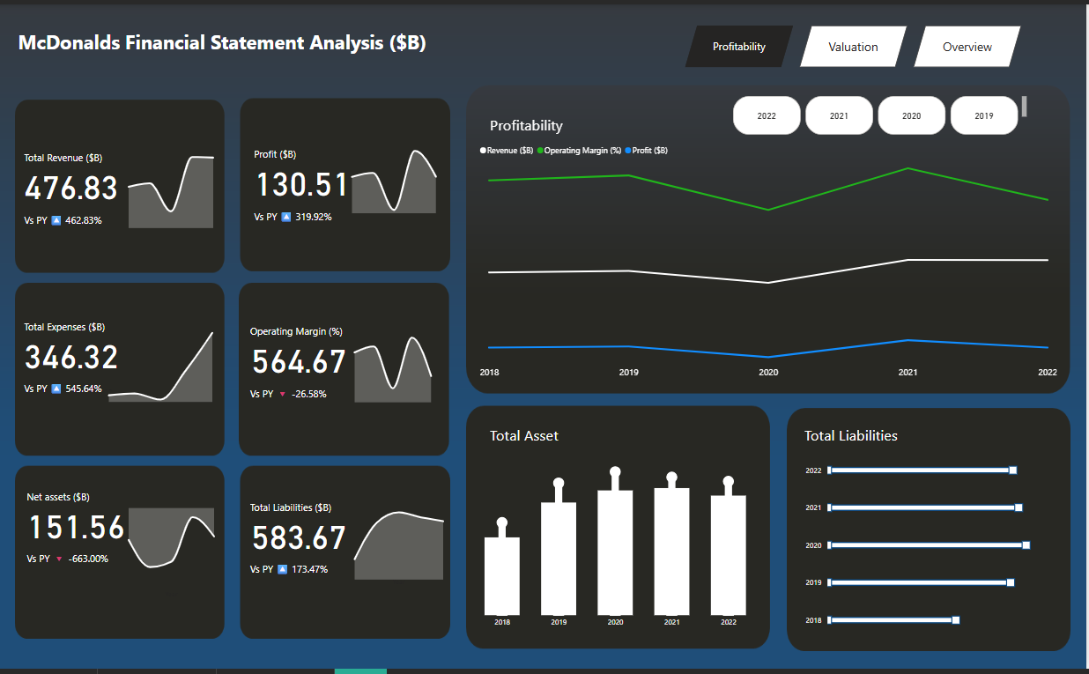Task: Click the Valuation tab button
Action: coord(853,47)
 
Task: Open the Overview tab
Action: coord(967,47)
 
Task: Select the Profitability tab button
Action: coord(738,47)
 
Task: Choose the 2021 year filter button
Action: coord(839,115)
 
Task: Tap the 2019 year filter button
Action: coord(983,115)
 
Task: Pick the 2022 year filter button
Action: coord(767,115)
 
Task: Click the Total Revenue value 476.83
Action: coord(71,189)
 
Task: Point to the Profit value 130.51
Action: coord(302,185)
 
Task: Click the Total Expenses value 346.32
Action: coord(71,358)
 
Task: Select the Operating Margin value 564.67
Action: coord(300,362)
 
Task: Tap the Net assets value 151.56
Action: coord(77,528)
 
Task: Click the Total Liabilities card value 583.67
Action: coord(299,537)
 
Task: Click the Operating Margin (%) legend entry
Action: coord(582,151)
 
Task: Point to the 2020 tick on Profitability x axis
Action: coord(768,373)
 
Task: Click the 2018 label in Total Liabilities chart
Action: coord(813,620)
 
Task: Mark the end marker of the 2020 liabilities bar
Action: coord(1026,545)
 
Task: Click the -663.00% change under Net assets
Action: coord(88,559)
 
